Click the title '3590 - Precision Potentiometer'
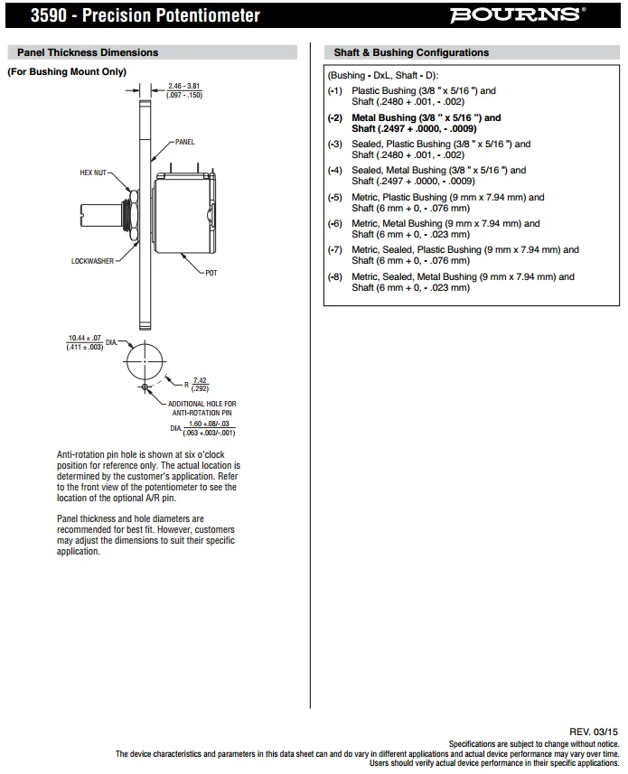pos(133,15)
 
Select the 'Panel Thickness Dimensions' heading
pos(88,52)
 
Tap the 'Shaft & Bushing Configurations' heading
pos(411,52)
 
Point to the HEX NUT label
pos(93,172)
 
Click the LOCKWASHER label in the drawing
pos(93,261)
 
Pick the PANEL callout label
pos(184,143)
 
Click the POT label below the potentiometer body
pos(211,272)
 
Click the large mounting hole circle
pos(145,363)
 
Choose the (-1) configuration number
pos(335,90)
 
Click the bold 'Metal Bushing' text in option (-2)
pos(384,117)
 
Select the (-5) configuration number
pos(335,197)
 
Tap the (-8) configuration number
pos(335,276)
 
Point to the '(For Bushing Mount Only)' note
pos(67,71)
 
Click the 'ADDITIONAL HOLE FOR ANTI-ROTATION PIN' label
pos(202,407)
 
